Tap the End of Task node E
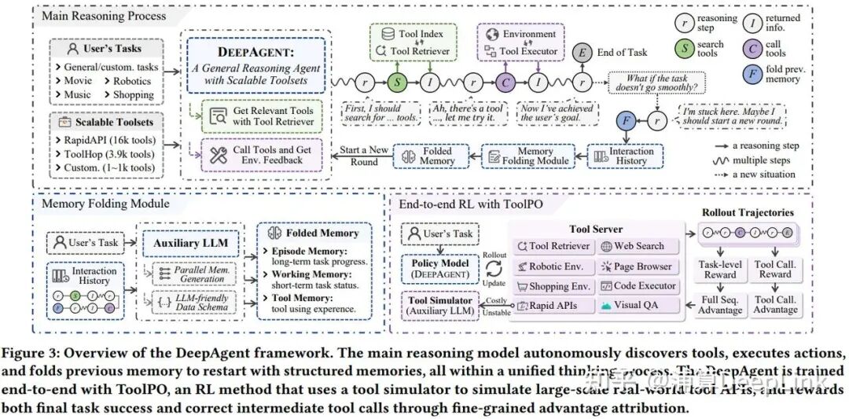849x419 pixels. click(583, 52)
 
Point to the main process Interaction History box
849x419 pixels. click(624, 156)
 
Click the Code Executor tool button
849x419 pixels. click(635, 286)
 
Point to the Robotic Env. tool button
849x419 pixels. click(549, 266)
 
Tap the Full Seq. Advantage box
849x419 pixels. click(720, 304)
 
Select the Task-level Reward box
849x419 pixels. click(720, 270)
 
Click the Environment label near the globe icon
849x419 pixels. click(530, 35)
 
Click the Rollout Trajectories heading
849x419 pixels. click(747, 212)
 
